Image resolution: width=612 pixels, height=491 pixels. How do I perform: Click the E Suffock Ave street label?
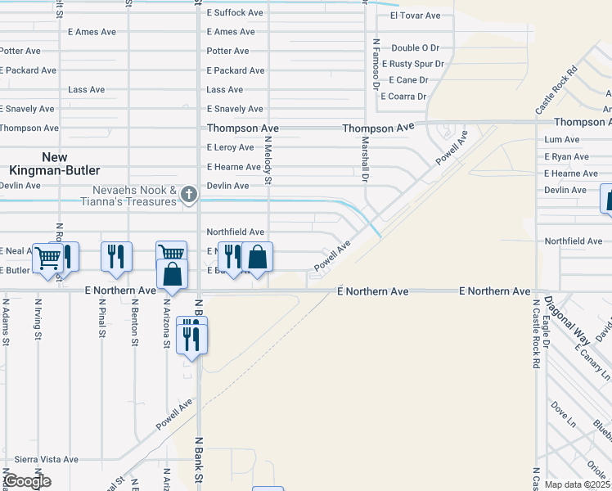pyautogui.click(x=235, y=13)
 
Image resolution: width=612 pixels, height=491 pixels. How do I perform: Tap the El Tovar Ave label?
pyautogui.click(x=415, y=16)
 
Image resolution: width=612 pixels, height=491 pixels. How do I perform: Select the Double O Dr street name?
pyautogui.click(x=415, y=48)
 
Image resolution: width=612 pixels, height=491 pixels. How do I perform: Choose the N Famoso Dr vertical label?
pyautogui.click(x=376, y=63)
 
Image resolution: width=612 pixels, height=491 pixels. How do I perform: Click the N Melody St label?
pyautogui.click(x=268, y=160)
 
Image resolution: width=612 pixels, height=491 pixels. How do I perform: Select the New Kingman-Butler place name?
pyautogui.click(x=55, y=164)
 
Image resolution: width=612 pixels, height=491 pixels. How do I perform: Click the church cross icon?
pyautogui.click(x=189, y=194)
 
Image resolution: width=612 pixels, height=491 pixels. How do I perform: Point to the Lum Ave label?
pyautogui.click(x=561, y=140)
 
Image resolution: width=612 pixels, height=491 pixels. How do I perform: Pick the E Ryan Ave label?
pyautogui.click(x=566, y=156)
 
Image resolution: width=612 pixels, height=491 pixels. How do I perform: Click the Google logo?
pyautogui.click(x=26, y=481)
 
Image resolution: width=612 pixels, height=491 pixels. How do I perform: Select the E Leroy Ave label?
pyautogui.click(x=230, y=147)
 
